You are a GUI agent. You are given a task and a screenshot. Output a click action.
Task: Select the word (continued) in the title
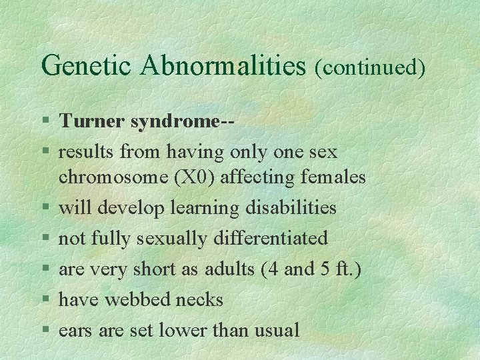coord(370,67)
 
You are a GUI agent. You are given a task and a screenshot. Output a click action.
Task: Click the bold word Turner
coord(92,121)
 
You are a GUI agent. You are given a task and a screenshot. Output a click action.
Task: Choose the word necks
coord(199,299)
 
